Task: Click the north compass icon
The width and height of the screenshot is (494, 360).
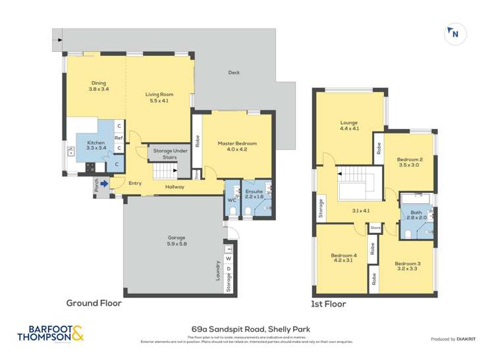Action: pyautogui.click(x=453, y=35)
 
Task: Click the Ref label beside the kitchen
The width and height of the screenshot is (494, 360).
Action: pyautogui.click(x=119, y=138)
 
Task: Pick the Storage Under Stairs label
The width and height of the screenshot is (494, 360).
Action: pyautogui.click(x=167, y=154)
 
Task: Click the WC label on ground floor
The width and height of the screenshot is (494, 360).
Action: pyautogui.click(x=231, y=200)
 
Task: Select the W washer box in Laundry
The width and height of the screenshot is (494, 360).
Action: pyautogui.click(x=229, y=259)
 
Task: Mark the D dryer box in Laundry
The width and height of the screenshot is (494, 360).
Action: pyautogui.click(x=229, y=269)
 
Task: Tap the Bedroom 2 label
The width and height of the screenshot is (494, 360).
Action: pyautogui.click(x=410, y=162)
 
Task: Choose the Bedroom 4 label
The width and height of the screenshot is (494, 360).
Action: pyautogui.click(x=344, y=259)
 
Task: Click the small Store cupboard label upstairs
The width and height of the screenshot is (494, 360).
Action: pyautogui.click(x=375, y=228)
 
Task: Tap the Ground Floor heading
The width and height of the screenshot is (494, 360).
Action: pyautogui.click(x=94, y=304)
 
